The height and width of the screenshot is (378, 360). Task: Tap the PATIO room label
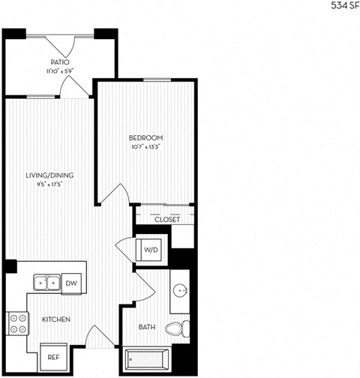pos(60,62)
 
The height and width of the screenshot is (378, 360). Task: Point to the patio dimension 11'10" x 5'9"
pos(60,71)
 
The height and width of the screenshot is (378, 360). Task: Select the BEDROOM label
pos(145,138)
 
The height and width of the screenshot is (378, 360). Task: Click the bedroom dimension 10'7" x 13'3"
pos(145,148)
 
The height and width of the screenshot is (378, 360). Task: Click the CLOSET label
pos(166,220)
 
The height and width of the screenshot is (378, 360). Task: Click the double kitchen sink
pos(46,283)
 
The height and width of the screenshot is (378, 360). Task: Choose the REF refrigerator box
pos(53,358)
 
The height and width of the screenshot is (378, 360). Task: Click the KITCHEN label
pos(56,319)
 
